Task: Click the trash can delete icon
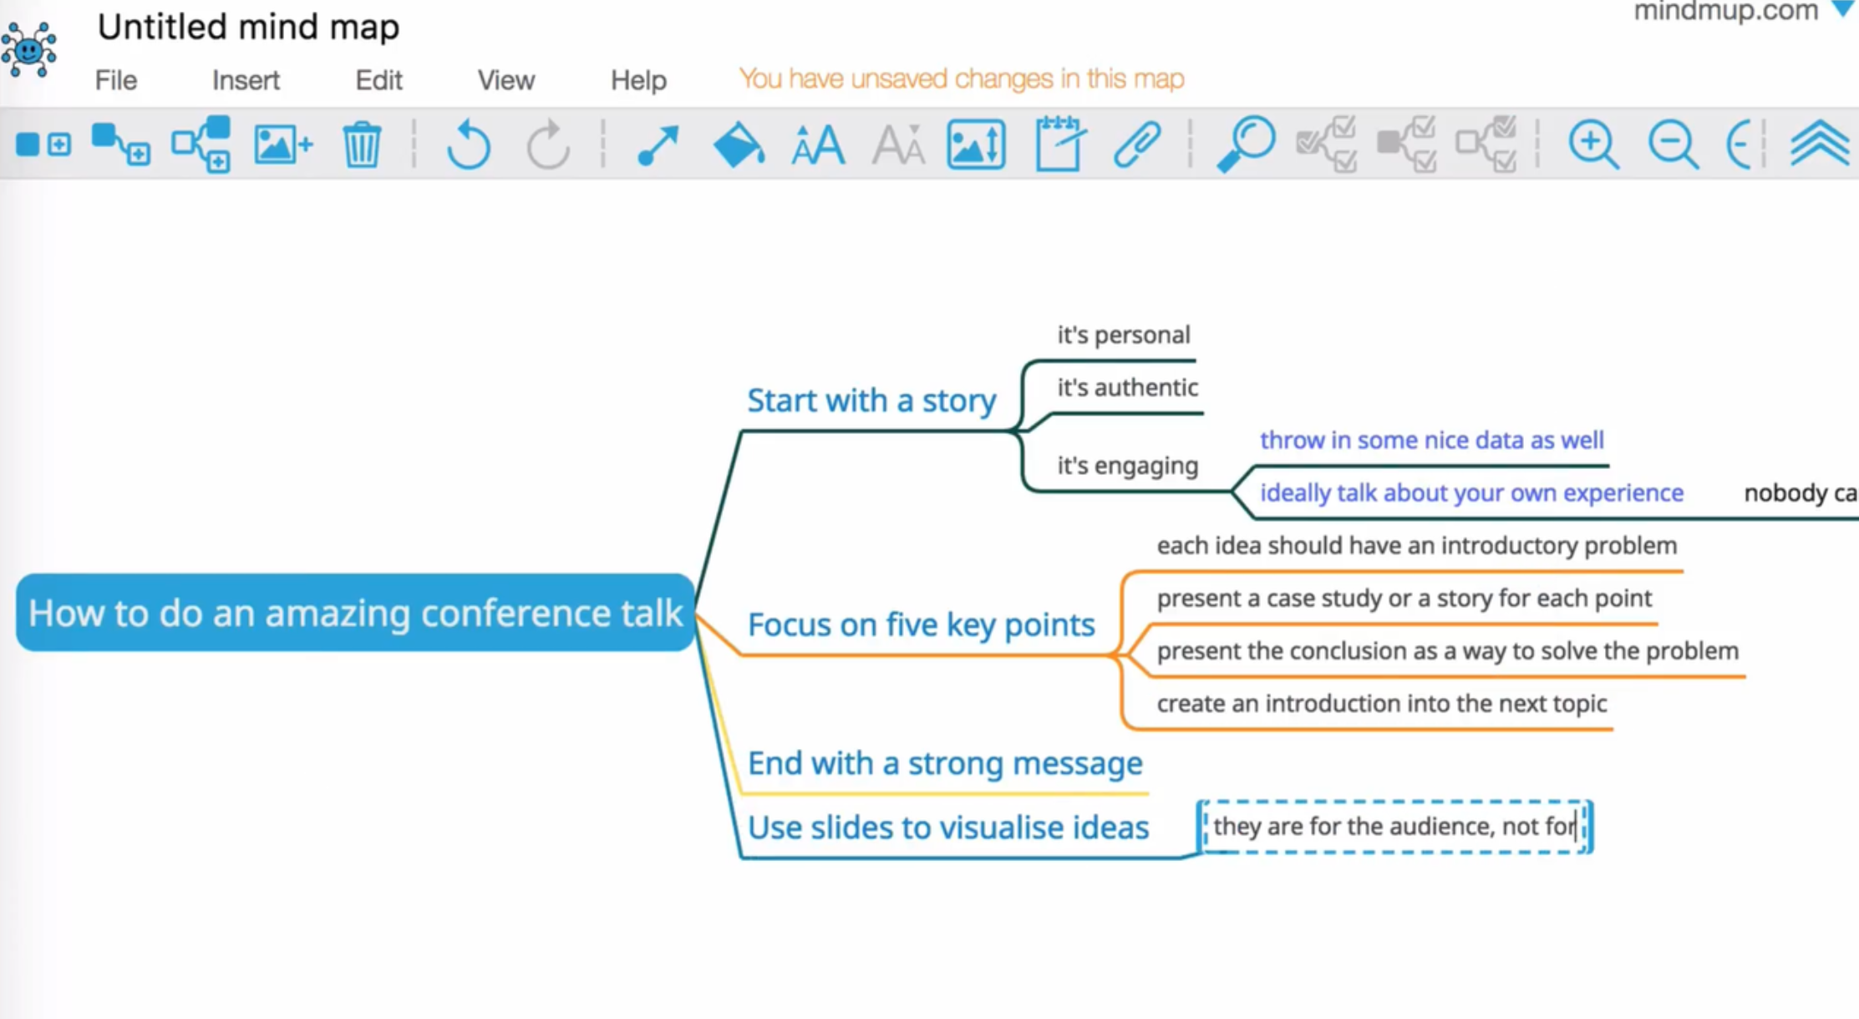click(x=362, y=145)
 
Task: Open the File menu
click(x=115, y=80)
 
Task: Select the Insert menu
click(x=246, y=80)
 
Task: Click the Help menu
click(x=638, y=80)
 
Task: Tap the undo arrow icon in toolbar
click(x=468, y=145)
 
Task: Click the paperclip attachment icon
click(x=1137, y=145)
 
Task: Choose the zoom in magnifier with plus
click(x=1592, y=145)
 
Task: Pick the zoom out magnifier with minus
click(x=1672, y=145)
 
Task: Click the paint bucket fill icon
click(x=738, y=145)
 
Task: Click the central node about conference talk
click(x=355, y=613)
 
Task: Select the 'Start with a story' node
click(x=871, y=400)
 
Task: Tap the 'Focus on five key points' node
click(x=921, y=624)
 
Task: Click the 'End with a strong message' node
click(x=944, y=763)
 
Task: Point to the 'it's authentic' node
click(x=1127, y=388)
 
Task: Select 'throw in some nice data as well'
click(x=1431, y=441)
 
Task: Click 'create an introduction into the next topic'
click(x=1381, y=704)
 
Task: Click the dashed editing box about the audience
click(x=1394, y=827)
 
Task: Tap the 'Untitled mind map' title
click(x=248, y=27)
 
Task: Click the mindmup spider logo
click(x=29, y=48)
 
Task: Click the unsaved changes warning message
click(x=961, y=79)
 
